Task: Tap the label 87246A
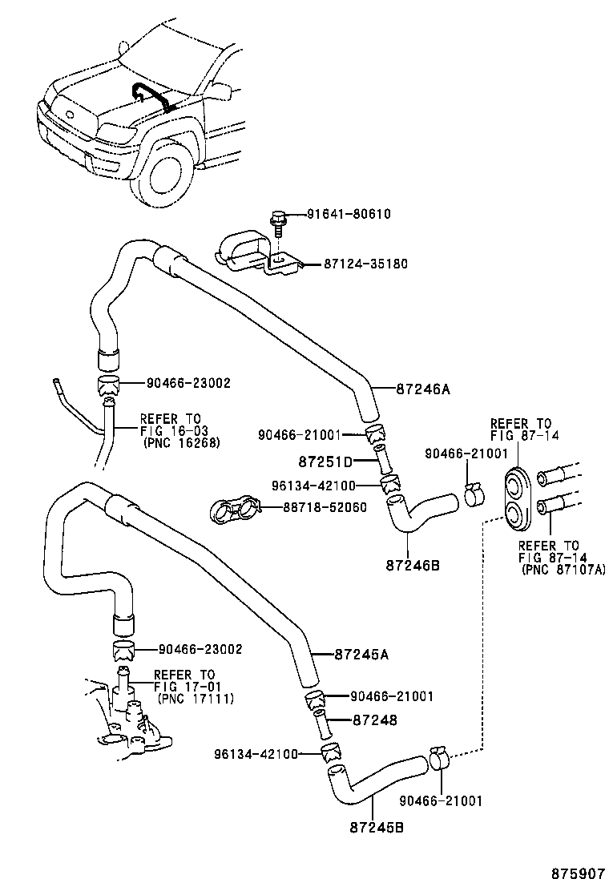click(423, 389)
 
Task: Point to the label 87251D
click(325, 462)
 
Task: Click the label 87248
click(374, 720)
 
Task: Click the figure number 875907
click(576, 873)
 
